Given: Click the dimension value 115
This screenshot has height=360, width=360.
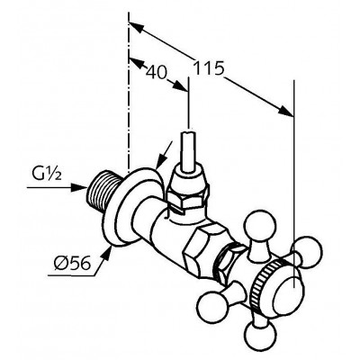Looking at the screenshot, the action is pyautogui.click(x=209, y=68).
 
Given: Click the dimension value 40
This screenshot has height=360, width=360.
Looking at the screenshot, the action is pyautogui.click(x=156, y=72).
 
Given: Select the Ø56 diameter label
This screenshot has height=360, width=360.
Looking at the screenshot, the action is pyautogui.click(x=72, y=264).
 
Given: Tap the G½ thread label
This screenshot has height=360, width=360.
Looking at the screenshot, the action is pyautogui.click(x=47, y=175).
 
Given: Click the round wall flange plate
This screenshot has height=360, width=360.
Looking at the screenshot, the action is pyautogui.click(x=132, y=207).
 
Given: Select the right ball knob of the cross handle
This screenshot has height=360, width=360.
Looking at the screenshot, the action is pyautogui.click(x=309, y=251).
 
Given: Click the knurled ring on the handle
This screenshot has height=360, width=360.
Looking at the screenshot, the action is pyautogui.click(x=263, y=282).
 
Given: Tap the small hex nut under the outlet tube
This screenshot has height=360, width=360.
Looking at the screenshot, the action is pyautogui.click(x=186, y=201).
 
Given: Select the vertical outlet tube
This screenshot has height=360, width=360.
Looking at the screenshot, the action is pyautogui.click(x=188, y=151).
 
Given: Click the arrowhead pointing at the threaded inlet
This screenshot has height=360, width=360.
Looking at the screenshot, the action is pyautogui.click(x=79, y=188).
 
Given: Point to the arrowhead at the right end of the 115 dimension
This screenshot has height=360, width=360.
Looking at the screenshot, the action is pyautogui.click(x=285, y=111).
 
